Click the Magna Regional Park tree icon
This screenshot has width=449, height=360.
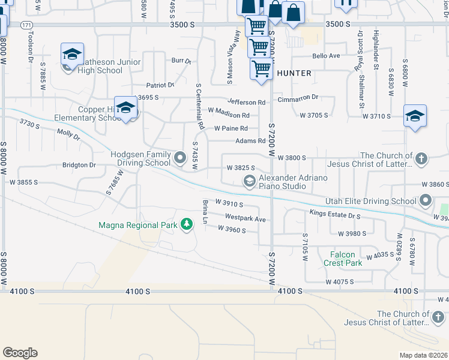click(187, 224)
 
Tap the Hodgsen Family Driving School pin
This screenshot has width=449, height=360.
click(181, 158)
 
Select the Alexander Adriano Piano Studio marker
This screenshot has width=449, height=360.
click(249, 181)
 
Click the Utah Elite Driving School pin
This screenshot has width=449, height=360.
click(426, 200)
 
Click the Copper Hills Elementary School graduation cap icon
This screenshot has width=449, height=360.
click(126, 108)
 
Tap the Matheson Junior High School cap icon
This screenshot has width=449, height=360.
click(72, 55)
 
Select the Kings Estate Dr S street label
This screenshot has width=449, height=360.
click(335, 214)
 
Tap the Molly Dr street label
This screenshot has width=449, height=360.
click(68, 136)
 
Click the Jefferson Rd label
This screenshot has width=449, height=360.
click(246, 103)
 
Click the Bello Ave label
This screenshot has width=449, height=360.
click(326, 56)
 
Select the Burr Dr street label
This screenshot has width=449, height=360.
click(181, 61)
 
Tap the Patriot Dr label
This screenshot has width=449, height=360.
click(161, 85)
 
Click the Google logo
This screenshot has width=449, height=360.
click(20, 352)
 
